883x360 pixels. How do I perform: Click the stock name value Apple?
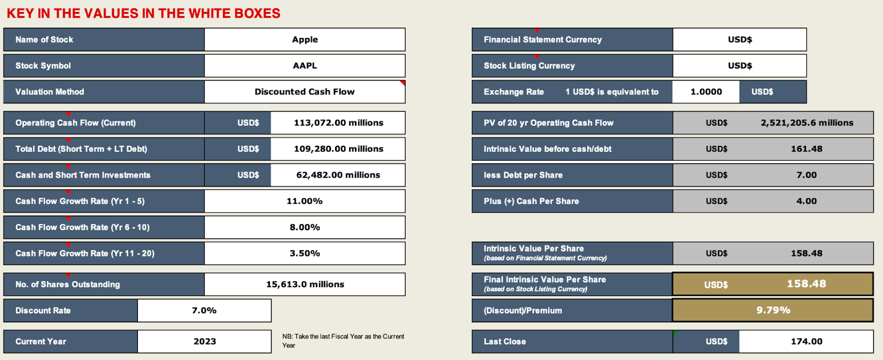(305, 40)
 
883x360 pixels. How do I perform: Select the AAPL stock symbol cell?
(305, 66)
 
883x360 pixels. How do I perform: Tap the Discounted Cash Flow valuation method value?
(305, 92)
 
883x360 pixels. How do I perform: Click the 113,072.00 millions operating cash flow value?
(338, 123)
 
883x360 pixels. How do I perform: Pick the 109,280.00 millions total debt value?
(338, 149)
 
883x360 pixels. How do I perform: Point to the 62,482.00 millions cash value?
(338, 175)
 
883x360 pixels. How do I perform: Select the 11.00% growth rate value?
(305, 201)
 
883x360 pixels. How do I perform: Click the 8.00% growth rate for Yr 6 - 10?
(305, 227)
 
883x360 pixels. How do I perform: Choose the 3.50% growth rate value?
(305, 253)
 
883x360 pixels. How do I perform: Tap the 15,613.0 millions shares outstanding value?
(305, 284)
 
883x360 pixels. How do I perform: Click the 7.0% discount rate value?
(204, 310)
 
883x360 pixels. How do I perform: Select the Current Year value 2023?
(204, 341)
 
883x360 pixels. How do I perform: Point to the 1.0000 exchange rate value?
(706, 92)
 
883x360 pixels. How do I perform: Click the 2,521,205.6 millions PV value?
(806, 123)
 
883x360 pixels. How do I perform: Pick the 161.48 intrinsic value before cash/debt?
(806, 149)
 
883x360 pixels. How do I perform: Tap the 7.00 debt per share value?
(806, 175)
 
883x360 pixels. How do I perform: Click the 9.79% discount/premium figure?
(773, 310)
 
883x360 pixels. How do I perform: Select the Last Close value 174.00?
(806, 341)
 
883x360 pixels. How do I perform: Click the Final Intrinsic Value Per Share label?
(545, 280)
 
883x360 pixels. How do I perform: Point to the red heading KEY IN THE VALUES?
(143, 13)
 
